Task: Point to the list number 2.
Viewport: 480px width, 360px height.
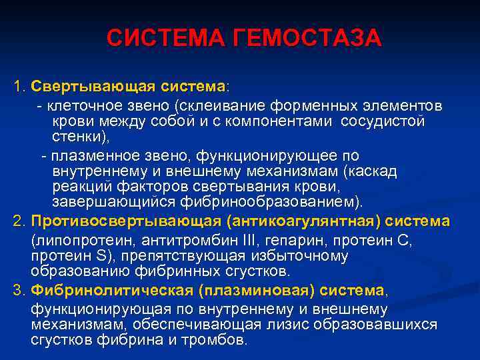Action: (18, 221)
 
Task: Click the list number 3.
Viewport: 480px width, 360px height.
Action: (18, 290)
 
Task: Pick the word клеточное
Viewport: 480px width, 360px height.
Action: (79, 106)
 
